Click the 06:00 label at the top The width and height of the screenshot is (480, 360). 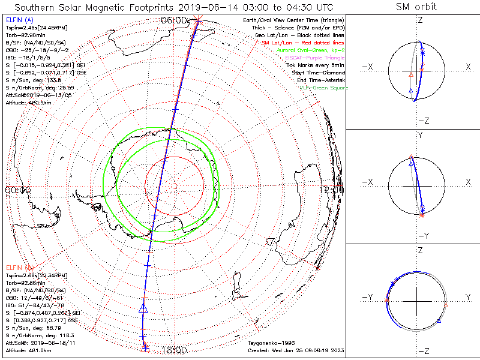click(173, 20)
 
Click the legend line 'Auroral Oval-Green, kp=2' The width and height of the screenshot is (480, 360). click(310, 50)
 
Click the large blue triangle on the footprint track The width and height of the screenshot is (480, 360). click(143, 308)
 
